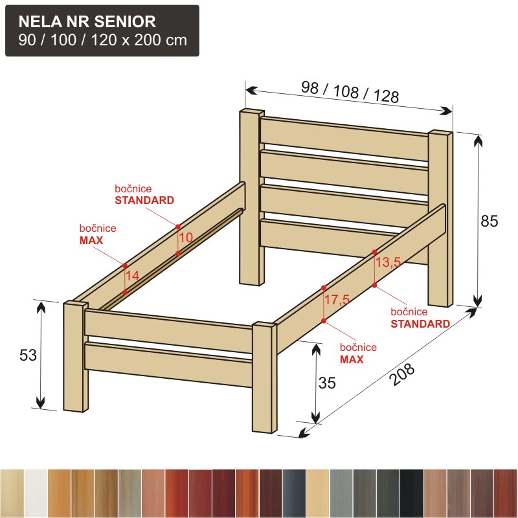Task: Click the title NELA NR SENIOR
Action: click(87, 22)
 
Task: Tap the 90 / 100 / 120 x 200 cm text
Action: click(103, 40)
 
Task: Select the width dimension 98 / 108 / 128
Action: click(350, 91)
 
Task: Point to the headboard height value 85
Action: click(490, 221)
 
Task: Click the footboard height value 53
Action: click(28, 355)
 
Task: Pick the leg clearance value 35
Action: click(327, 383)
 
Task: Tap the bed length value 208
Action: click(402, 374)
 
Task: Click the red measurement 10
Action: click(186, 237)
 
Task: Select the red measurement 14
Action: click(133, 276)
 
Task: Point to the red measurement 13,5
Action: click(388, 262)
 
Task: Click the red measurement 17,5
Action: click(337, 300)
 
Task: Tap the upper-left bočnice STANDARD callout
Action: click(144, 195)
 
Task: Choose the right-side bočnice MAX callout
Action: click(358, 353)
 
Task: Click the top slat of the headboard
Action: click(344, 139)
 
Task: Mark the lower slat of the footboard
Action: click(168, 365)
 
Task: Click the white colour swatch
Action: click(36, 493)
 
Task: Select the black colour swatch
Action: click(411, 493)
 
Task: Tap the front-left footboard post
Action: click(76, 357)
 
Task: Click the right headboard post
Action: click(440, 219)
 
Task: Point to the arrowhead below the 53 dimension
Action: click(40, 403)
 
